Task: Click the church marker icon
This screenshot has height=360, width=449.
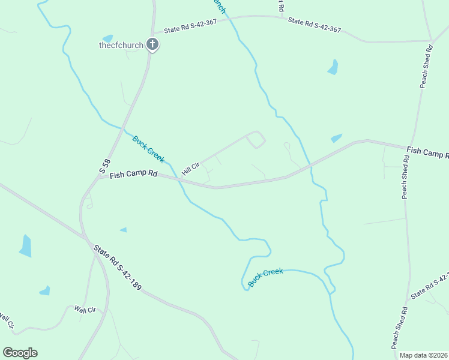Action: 152,44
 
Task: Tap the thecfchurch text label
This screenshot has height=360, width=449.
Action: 121,44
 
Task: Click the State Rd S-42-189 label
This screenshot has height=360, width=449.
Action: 117,267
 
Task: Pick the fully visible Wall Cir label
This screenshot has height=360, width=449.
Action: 85,310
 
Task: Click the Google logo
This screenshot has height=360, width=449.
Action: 20,353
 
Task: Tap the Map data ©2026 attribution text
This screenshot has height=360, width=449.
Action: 424,355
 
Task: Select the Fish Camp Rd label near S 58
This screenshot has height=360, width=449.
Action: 133,175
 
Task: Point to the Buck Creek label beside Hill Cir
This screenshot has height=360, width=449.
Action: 148,149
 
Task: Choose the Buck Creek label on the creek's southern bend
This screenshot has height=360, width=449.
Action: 265,277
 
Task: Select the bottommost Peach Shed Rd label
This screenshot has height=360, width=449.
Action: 399,328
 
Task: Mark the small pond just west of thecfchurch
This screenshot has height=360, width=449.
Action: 107,39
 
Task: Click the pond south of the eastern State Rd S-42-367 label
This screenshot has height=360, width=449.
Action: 333,67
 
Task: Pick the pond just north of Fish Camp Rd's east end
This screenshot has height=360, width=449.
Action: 336,138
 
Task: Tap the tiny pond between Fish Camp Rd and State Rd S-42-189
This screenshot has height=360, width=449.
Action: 124,230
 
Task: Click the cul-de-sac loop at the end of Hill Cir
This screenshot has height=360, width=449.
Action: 256,140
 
